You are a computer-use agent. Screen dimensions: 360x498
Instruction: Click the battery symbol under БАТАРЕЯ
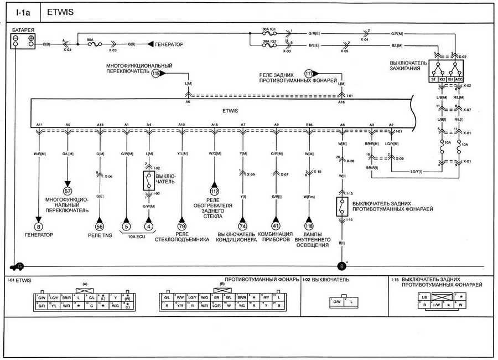click(x=24, y=40)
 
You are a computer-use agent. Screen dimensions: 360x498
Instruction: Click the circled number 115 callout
click(x=155, y=73)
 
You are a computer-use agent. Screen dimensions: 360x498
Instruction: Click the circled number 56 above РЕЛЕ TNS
click(x=100, y=226)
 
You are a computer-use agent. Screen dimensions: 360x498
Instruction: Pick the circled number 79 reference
click(x=181, y=226)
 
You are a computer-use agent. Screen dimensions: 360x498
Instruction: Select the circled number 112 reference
click(x=214, y=192)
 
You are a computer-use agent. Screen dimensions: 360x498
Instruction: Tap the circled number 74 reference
click(x=242, y=226)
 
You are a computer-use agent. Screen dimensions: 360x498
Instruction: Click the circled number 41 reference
click(x=276, y=226)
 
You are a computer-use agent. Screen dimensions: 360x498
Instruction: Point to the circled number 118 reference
click(x=309, y=226)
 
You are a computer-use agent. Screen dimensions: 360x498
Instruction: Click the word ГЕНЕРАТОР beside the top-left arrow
click(x=170, y=43)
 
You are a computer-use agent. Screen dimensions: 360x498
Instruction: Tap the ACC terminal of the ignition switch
click(x=459, y=79)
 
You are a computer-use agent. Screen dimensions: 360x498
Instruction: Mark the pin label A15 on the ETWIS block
click(x=214, y=125)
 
